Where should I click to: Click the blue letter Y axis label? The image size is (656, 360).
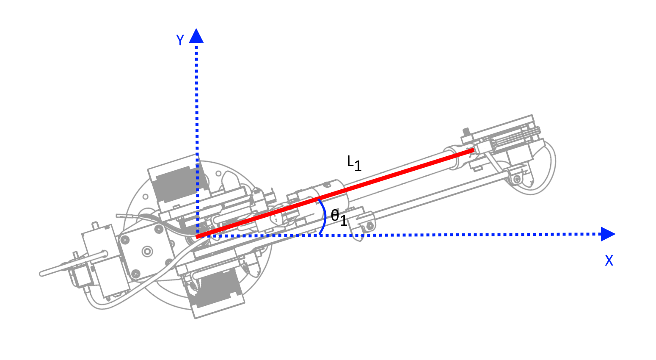pyautogui.click(x=180, y=40)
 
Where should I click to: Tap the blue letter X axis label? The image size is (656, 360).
pyautogui.click(x=609, y=260)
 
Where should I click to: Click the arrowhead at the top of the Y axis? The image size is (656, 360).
pyautogui.click(x=196, y=36)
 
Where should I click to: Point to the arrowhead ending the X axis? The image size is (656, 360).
pyautogui.click(x=608, y=234)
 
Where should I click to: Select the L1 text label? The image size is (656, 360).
pyautogui.click(x=354, y=163)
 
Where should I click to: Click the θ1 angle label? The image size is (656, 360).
pyautogui.click(x=339, y=217)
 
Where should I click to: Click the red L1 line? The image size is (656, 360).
pyautogui.click(x=335, y=193)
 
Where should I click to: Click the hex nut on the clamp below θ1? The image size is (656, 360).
pyautogui.click(x=369, y=226)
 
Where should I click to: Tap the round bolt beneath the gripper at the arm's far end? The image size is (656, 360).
pyautogui.click(x=517, y=179)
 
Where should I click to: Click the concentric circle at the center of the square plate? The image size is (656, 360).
pyautogui.click(x=147, y=251)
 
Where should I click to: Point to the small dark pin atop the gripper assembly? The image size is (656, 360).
pyautogui.click(x=466, y=132)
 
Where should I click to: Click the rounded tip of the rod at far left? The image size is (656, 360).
pyautogui.click(x=41, y=274)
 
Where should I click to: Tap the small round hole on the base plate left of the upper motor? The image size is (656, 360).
pyautogui.click(x=146, y=197)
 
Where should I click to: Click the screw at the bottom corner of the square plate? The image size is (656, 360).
pyautogui.click(x=135, y=274)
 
